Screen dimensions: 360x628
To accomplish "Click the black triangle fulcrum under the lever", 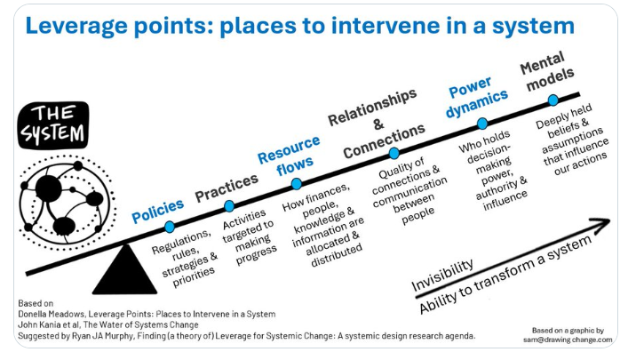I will pos(124,270).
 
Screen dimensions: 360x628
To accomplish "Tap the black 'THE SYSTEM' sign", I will pos(55,124).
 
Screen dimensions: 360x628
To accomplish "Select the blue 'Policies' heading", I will pos(158,211).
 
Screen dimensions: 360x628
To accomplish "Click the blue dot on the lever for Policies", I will pos(170,227).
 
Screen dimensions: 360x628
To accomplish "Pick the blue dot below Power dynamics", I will pos(482,124).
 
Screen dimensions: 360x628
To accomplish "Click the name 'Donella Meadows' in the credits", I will pos(57,313).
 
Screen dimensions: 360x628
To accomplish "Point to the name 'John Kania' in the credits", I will pos(45,324).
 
